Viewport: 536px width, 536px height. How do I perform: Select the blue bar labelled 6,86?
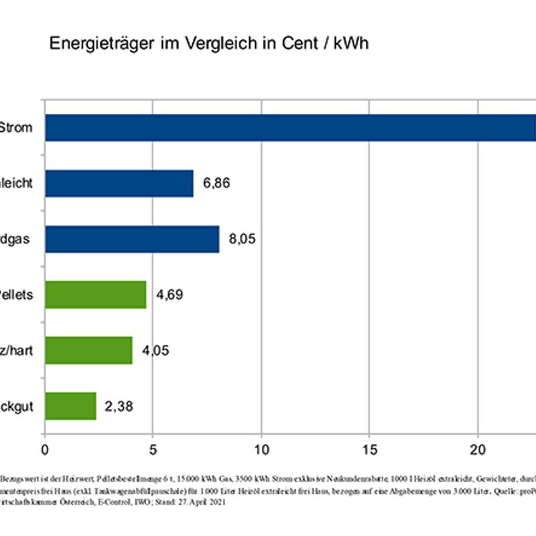click(x=119, y=183)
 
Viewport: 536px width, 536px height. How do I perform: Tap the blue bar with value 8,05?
click(x=132, y=239)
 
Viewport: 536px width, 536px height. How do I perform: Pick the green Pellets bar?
click(x=96, y=295)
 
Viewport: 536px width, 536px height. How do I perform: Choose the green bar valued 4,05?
click(x=88, y=350)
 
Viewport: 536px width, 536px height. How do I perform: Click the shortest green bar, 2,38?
click(x=70, y=406)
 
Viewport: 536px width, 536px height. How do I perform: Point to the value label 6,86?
click(x=216, y=183)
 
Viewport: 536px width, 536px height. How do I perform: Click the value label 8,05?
click(x=243, y=239)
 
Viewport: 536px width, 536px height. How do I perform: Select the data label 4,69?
click(x=170, y=295)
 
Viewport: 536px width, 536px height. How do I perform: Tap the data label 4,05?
click(x=155, y=350)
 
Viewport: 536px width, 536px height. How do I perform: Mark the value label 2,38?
click(x=119, y=406)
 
